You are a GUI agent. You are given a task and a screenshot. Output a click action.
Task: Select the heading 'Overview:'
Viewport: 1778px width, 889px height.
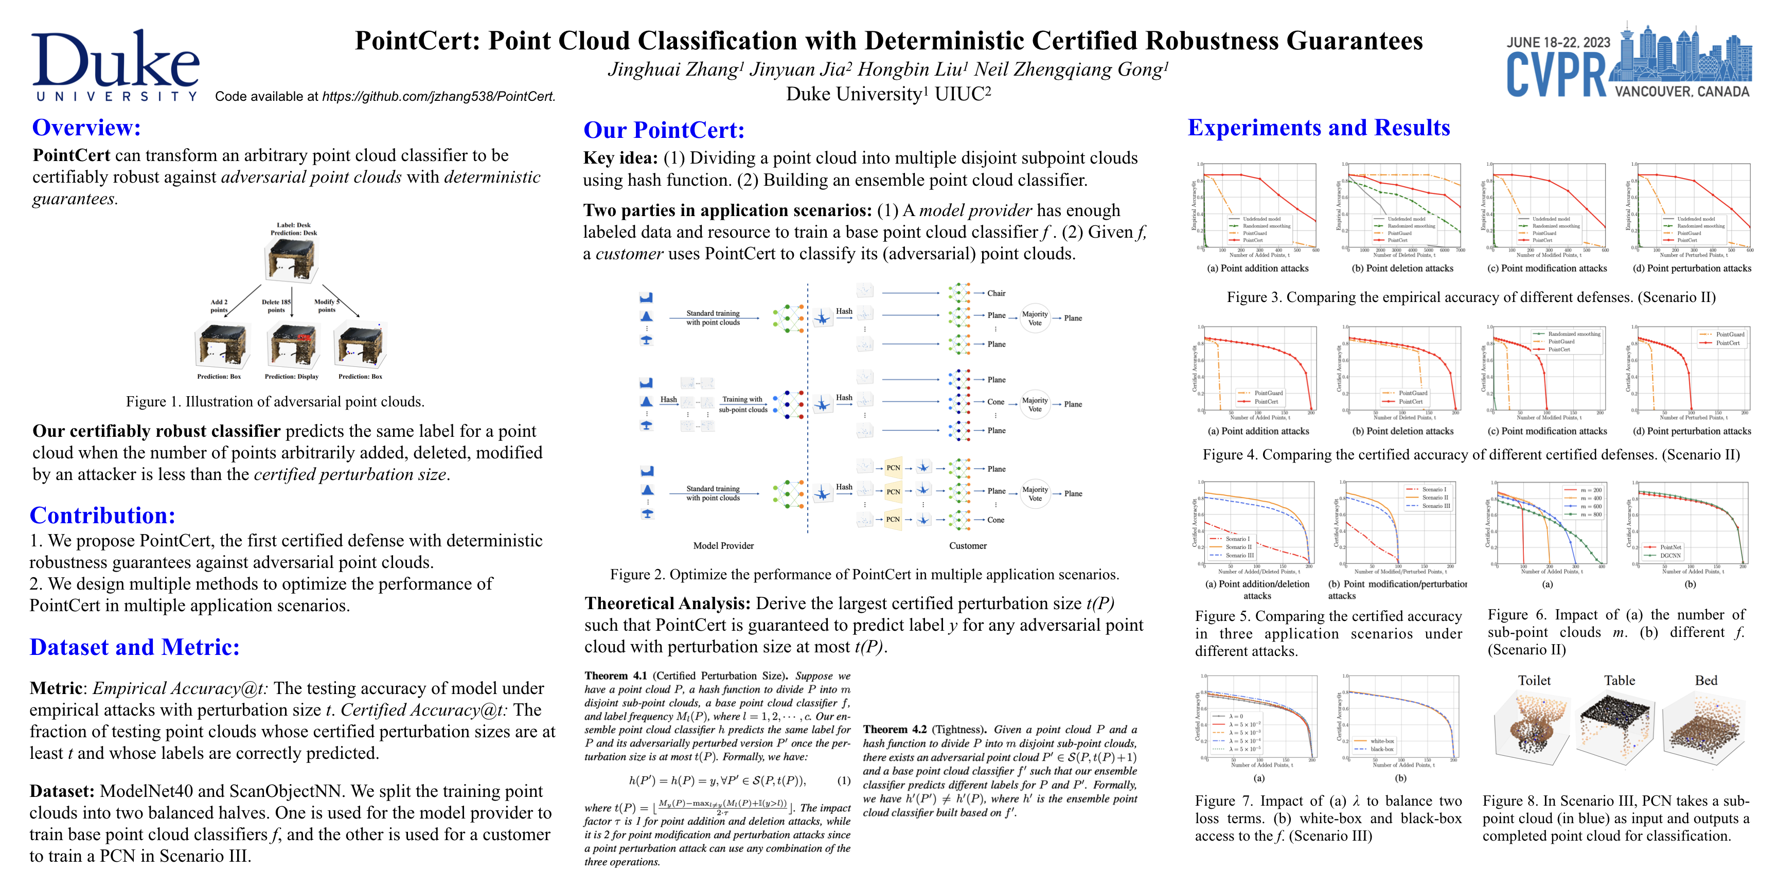86,128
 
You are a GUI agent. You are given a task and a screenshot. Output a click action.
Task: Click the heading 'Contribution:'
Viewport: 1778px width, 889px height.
102,515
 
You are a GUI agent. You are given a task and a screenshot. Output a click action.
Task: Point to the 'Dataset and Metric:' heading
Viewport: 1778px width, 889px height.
135,647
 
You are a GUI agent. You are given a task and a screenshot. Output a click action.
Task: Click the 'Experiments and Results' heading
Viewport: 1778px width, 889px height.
1318,128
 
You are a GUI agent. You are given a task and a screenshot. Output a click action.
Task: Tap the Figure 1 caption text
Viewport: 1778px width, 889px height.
275,402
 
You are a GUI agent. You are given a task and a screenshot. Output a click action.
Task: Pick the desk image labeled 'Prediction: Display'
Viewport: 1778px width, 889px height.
293,346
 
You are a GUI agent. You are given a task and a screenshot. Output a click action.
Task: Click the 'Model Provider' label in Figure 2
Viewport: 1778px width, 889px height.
723,546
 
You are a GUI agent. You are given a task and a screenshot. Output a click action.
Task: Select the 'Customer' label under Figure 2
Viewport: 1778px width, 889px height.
968,546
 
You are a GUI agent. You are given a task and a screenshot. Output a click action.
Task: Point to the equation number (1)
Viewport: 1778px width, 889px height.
843,780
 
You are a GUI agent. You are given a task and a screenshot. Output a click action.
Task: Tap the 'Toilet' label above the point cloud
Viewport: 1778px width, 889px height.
1534,681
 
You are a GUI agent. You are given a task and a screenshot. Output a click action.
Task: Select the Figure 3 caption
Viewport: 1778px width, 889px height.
1471,297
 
